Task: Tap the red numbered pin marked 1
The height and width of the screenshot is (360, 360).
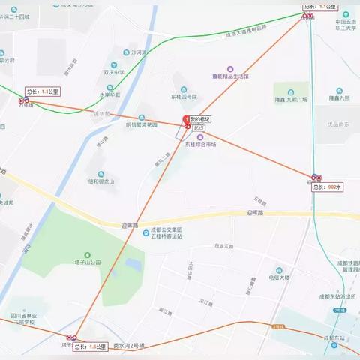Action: (x=186, y=120)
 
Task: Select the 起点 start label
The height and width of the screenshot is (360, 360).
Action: (x=199, y=128)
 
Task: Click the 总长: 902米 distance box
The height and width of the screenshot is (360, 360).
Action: (x=327, y=187)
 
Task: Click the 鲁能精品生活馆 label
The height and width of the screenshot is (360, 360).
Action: (x=229, y=76)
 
